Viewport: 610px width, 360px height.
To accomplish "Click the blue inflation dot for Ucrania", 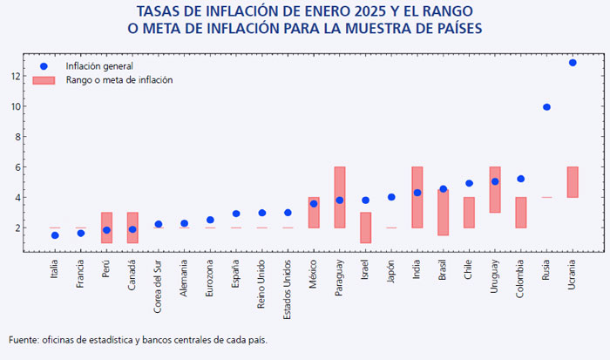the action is tap(573, 63).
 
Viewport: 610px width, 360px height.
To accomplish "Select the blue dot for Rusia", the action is tap(546, 107).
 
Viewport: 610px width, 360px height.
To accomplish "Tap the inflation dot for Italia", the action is tap(55, 235).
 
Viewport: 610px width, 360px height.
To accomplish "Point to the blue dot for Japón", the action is tap(391, 197).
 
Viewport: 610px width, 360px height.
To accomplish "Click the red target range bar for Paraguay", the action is tap(340, 197).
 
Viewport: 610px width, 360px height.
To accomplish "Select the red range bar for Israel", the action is tap(365, 228).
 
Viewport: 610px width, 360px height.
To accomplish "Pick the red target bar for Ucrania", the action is tap(573, 182).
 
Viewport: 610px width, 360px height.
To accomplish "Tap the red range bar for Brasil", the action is tap(443, 213).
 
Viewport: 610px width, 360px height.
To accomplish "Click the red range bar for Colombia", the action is tap(521, 213).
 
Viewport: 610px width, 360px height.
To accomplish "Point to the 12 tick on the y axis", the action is tap(16, 77).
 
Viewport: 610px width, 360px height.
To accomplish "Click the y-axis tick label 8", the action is tap(17, 137).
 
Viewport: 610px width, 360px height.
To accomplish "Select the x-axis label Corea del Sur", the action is tap(158, 287).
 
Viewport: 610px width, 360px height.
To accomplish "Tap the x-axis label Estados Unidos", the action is tap(287, 289).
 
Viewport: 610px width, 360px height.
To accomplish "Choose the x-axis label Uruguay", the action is tap(494, 276).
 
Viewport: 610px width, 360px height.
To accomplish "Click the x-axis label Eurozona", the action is tap(210, 278).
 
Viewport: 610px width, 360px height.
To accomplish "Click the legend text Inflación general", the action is tap(99, 66).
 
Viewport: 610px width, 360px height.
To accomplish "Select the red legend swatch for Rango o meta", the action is tap(44, 80).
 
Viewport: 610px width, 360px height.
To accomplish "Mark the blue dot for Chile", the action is tap(469, 183).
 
